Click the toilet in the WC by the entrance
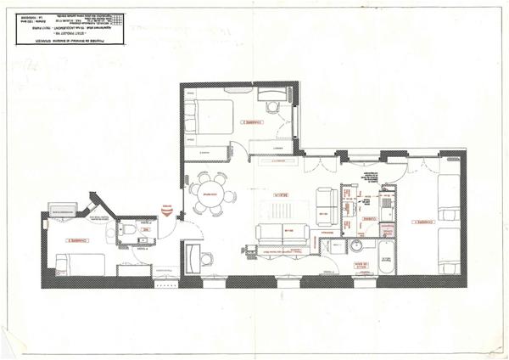tap(126, 228)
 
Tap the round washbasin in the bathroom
tap(358, 247)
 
